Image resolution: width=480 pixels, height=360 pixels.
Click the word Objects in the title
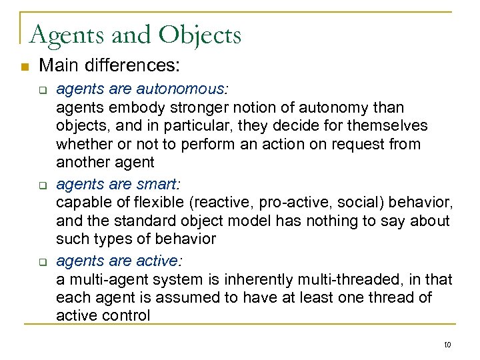(202, 35)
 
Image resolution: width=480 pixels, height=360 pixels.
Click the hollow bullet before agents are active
(41, 261)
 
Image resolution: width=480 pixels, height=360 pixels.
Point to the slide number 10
(447, 344)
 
